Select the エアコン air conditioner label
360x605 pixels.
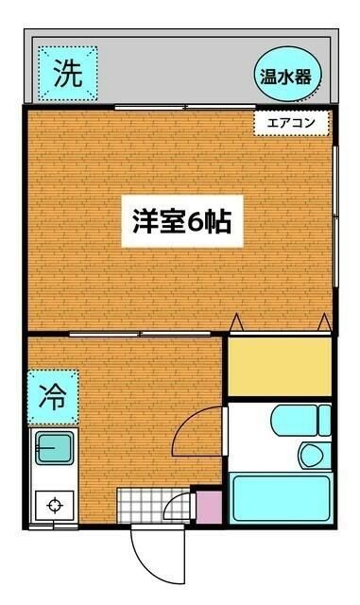291,122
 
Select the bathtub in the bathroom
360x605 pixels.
281,499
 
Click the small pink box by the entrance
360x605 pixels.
207,507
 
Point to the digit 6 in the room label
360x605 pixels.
195,225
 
